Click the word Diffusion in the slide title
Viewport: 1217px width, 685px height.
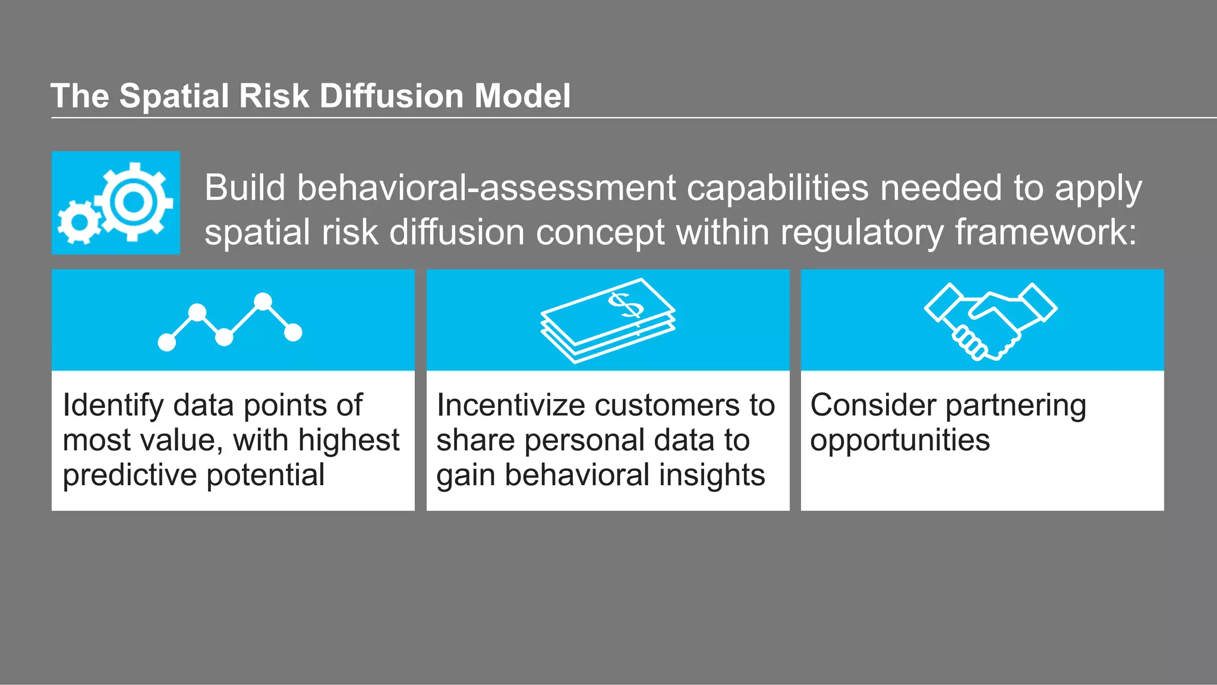pos(391,96)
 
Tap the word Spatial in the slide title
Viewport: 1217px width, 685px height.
pos(174,96)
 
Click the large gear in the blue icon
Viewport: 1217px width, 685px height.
pos(133,202)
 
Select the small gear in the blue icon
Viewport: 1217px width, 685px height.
pos(79,222)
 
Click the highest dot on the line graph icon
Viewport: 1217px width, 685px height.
pos(263,301)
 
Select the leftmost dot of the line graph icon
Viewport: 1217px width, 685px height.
pos(167,342)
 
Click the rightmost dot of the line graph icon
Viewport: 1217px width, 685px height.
pos(293,332)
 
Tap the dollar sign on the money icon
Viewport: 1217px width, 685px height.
pos(626,306)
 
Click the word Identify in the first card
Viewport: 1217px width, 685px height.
pos(113,406)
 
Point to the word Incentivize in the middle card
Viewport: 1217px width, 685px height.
pos(510,406)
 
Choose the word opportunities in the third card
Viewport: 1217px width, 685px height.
pos(900,441)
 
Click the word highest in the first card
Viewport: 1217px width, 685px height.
pos(349,441)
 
